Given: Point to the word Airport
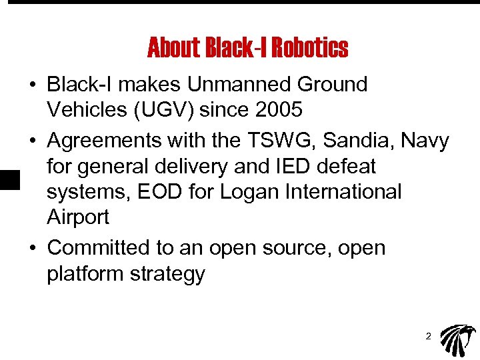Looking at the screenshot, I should (78, 217).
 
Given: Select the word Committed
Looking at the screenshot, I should (99, 247).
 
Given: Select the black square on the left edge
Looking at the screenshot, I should (8, 181).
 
